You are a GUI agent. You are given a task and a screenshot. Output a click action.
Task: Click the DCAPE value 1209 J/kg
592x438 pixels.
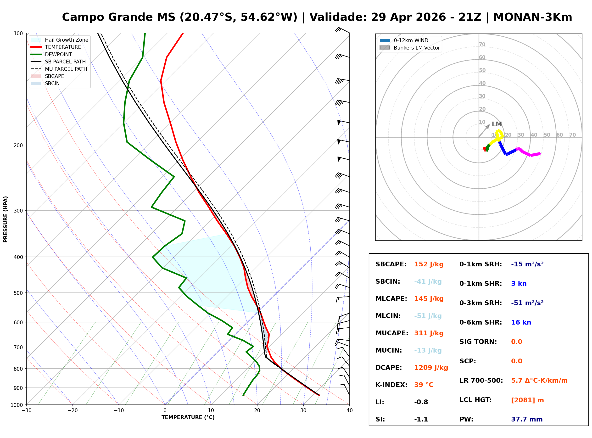[431, 367]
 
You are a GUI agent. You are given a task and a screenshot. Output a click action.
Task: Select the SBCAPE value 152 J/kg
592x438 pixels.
[429, 264]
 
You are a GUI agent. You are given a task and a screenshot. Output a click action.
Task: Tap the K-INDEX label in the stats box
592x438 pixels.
[391, 385]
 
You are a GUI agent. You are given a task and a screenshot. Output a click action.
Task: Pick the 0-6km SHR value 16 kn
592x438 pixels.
[521, 322]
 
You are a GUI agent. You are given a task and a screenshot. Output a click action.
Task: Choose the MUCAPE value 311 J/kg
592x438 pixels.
[429, 333]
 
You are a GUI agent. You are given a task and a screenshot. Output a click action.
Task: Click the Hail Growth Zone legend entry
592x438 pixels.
[66, 40]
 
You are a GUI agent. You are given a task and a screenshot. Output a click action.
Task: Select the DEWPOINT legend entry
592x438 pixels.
[58, 54]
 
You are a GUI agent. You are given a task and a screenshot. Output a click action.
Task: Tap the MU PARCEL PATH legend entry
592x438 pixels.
[66, 69]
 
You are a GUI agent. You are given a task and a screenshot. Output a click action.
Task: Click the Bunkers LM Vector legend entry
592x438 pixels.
[417, 48]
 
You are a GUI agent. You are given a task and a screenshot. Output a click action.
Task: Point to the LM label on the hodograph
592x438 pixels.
[497, 124]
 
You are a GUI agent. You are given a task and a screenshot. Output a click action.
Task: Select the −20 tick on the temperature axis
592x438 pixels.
[72, 410]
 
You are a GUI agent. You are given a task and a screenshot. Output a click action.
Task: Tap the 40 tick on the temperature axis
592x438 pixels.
[349, 410]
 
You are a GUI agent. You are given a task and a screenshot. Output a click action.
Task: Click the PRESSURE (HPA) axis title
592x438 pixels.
[6, 219]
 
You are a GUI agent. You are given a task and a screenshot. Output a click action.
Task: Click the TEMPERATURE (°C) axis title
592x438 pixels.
[188, 417]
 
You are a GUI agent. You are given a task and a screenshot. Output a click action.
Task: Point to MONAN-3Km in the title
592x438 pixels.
[533, 17]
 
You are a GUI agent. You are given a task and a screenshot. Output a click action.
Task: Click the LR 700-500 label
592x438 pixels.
[481, 381]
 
